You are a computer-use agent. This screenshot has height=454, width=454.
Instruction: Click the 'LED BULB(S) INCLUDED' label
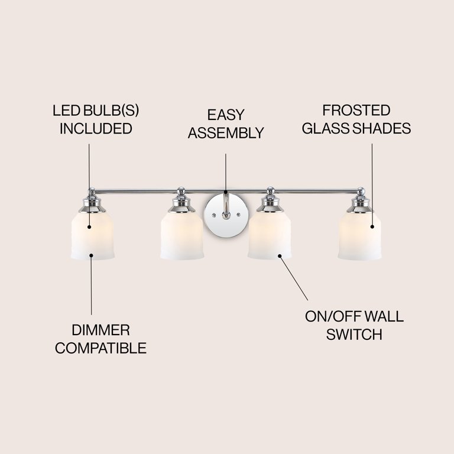95,120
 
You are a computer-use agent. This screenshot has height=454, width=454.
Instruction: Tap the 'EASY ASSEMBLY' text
225,124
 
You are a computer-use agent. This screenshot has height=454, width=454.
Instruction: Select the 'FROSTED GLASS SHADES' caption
356,119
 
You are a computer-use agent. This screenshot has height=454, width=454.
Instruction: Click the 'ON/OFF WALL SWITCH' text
354,325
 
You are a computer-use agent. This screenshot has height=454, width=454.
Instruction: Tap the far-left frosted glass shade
92,236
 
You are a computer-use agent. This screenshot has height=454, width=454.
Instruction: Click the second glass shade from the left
181,236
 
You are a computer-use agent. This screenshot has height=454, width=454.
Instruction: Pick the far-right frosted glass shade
359,236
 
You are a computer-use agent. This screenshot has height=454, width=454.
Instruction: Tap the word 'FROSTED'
356,111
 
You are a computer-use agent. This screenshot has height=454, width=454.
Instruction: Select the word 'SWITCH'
354,335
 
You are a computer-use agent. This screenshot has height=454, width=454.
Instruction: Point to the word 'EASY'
225,115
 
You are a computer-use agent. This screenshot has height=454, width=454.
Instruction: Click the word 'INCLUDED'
95,129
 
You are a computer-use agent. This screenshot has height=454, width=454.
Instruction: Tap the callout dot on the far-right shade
372,226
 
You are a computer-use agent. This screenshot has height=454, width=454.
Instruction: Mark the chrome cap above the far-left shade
92,203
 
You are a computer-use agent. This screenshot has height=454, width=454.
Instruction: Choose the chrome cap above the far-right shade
359,203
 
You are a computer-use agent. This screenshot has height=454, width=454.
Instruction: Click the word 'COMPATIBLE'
100,348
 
